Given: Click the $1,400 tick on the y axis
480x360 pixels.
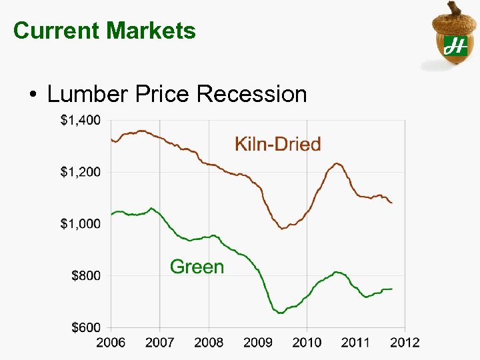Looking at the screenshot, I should point(80,121).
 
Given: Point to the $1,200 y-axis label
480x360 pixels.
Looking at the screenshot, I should point(80,172).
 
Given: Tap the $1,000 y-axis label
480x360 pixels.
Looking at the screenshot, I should point(80,224).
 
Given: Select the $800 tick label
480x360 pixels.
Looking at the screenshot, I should point(85,275).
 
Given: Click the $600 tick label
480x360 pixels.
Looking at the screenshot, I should point(85,327).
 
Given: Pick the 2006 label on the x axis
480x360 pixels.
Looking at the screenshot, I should point(111,343).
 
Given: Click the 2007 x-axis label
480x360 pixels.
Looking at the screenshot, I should point(159,343).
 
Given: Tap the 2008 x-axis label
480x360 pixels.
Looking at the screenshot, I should point(209,343).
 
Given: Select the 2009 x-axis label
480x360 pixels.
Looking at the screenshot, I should point(257,343).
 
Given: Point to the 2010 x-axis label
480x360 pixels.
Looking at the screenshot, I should point(307,343).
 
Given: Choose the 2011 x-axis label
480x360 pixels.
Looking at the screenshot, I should point(355,343).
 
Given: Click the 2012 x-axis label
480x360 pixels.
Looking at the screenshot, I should point(405,343).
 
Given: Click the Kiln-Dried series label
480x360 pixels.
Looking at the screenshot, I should point(277,144).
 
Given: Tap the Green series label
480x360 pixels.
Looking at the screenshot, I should point(197,267).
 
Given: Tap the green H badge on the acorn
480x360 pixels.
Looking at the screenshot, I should point(455,46).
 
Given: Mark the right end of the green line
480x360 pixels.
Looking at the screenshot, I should point(392,289).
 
